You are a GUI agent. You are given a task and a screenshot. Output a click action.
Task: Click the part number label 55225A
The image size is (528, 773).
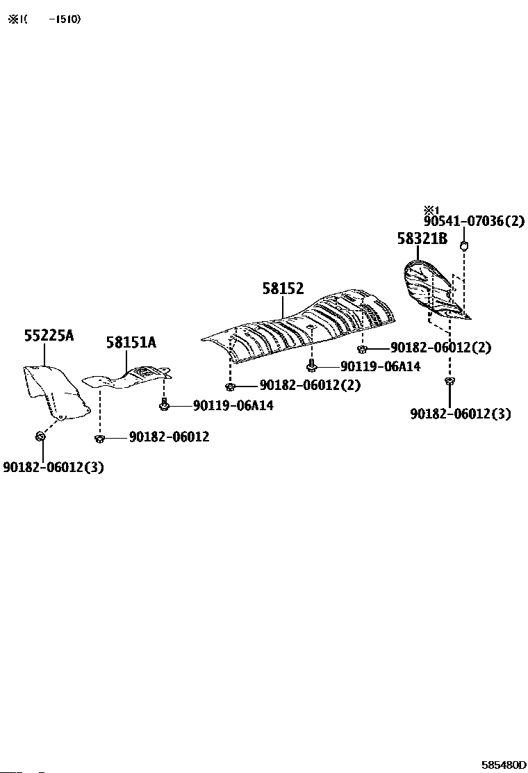pyautogui.click(x=49, y=336)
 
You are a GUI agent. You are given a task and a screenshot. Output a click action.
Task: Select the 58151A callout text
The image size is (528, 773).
pyautogui.click(x=131, y=342)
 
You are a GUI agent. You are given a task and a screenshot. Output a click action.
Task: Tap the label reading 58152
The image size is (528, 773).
pyautogui.click(x=283, y=289)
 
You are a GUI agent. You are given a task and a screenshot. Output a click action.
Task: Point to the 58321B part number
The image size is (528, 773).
pyautogui.click(x=422, y=238)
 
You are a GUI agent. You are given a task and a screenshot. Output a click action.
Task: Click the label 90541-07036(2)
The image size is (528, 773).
pyautogui.click(x=474, y=222)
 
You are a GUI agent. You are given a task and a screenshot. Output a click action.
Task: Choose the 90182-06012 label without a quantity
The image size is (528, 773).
pyautogui.click(x=169, y=437)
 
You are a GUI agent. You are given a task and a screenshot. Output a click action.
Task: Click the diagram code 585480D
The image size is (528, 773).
pyautogui.click(x=504, y=765)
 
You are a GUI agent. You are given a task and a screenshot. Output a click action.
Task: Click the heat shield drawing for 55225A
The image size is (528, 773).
pyautogui.click(x=53, y=391)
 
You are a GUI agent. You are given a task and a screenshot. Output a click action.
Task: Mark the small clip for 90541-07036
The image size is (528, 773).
pyautogui.click(x=465, y=245)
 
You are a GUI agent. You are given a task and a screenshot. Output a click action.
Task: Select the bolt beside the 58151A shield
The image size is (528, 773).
pyautogui.click(x=164, y=403)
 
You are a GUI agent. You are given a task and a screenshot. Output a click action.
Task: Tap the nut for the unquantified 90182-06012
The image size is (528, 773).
pyautogui.click(x=99, y=437)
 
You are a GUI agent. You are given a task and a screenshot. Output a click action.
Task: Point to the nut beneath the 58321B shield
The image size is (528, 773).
pyautogui.click(x=449, y=381)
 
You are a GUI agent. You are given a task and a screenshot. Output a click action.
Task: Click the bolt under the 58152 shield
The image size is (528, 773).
pyautogui.click(x=312, y=366)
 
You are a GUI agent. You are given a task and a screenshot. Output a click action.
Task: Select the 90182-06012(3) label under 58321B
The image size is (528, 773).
pyautogui.click(x=461, y=414)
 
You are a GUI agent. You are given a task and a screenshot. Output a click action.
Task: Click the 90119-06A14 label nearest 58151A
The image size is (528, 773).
pyautogui.click(x=233, y=405)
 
